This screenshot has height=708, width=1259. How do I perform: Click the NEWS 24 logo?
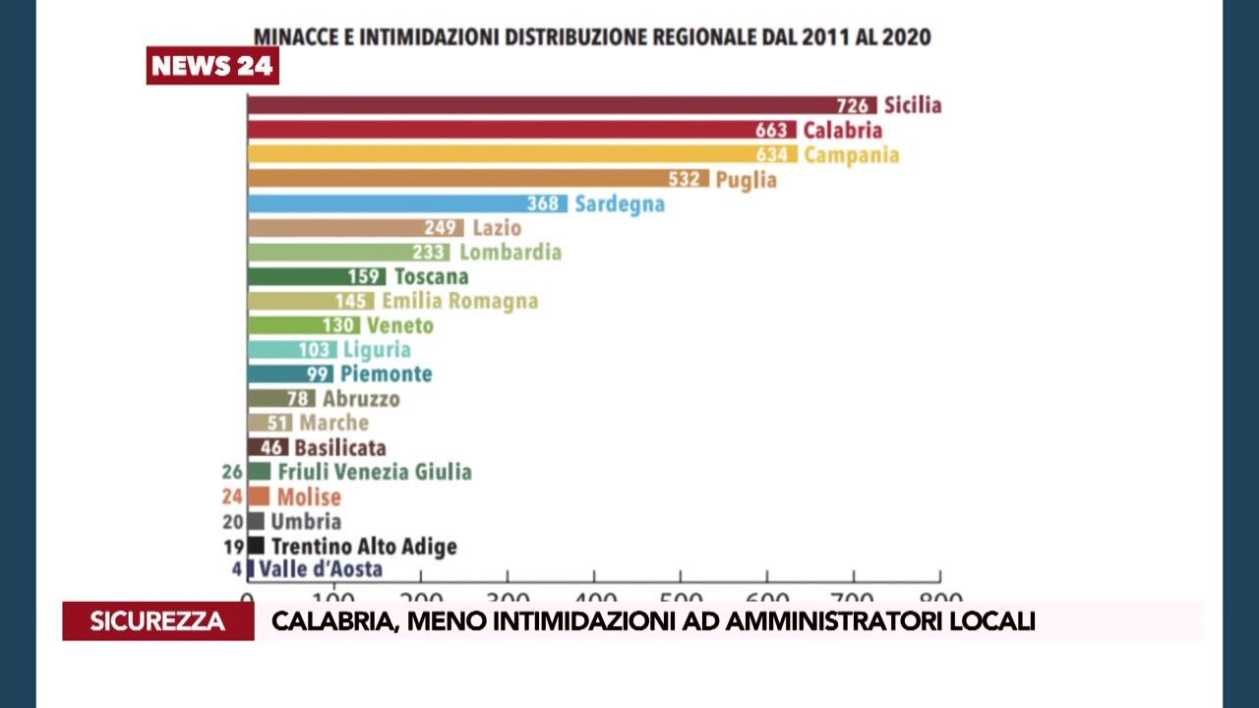(x=212, y=66)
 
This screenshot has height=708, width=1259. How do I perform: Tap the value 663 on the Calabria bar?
(x=771, y=130)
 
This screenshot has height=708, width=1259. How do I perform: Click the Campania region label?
(x=852, y=154)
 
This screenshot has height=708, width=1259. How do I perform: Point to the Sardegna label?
(x=620, y=204)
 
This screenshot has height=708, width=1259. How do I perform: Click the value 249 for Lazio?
(x=440, y=228)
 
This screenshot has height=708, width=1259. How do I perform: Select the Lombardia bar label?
(x=510, y=252)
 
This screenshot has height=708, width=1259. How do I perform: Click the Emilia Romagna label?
(x=460, y=301)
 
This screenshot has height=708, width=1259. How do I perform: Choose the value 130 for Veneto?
(x=340, y=325)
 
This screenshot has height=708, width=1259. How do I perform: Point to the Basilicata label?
(x=340, y=447)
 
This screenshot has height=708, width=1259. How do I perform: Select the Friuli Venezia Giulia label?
(x=375, y=472)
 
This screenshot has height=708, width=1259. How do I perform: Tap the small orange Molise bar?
(x=259, y=497)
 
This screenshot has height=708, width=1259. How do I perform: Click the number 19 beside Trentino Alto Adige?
(x=233, y=546)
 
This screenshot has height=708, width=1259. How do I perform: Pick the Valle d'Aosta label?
(x=321, y=569)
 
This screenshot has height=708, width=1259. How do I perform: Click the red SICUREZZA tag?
(x=157, y=621)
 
